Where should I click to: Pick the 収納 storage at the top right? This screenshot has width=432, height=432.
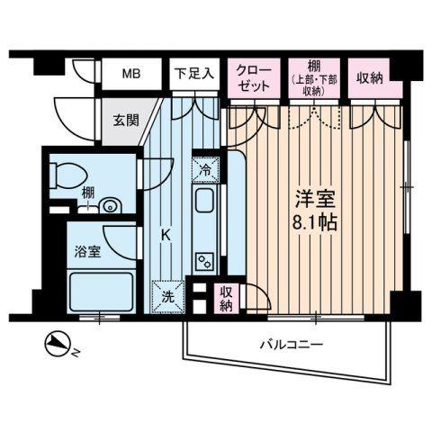pyautogui.click(x=368, y=77)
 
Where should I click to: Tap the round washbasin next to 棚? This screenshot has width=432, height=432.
pyautogui.click(x=109, y=206)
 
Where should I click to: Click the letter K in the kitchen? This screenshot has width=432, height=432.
pyautogui.click(x=166, y=234)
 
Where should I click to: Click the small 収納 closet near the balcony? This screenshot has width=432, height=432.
pyautogui.click(x=225, y=301)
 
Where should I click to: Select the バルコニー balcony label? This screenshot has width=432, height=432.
pyautogui.click(x=291, y=346)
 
